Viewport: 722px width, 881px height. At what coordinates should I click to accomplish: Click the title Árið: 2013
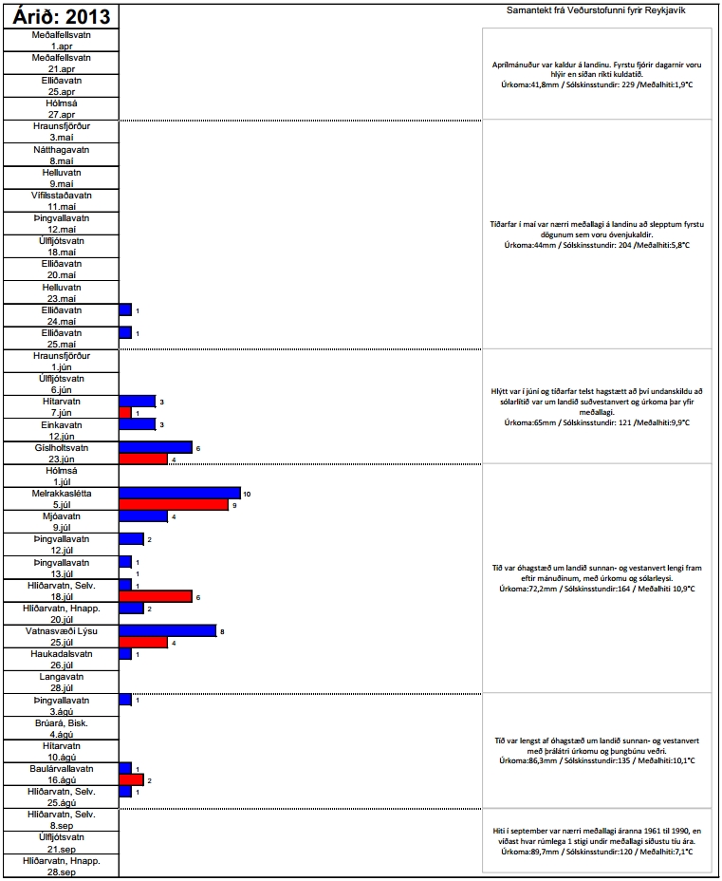(x=61, y=16)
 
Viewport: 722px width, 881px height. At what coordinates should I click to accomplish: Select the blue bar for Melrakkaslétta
(x=179, y=493)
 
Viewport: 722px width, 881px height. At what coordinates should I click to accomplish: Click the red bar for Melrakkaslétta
(x=174, y=505)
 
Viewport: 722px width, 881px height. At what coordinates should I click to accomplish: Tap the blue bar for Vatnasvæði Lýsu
(x=167, y=630)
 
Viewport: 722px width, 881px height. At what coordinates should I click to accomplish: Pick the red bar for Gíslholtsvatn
(x=143, y=459)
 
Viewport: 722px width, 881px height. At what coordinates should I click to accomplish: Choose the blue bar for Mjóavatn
(x=143, y=516)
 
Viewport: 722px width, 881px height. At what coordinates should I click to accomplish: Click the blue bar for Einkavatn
(x=137, y=424)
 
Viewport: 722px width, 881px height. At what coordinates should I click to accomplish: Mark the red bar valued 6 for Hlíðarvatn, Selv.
(x=156, y=596)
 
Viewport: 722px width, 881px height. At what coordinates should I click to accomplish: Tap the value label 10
(x=247, y=494)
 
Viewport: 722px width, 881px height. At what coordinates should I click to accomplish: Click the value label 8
(x=222, y=631)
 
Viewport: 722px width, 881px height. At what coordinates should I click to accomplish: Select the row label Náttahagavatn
(x=61, y=149)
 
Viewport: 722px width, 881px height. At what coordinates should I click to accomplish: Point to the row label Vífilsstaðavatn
(x=61, y=195)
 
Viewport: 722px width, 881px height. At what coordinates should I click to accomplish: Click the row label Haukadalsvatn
(x=61, y=653)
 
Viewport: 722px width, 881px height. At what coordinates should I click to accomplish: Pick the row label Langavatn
(x=61, y=677)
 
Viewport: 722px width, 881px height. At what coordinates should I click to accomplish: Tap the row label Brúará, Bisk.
(x=61, y=722)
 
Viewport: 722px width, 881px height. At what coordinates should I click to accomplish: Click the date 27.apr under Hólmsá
(x=61, y=114)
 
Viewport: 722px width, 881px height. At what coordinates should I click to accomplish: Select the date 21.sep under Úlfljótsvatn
(x=61, y=849)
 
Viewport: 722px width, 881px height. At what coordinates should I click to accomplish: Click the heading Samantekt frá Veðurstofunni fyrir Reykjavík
(x=597, y=10)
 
